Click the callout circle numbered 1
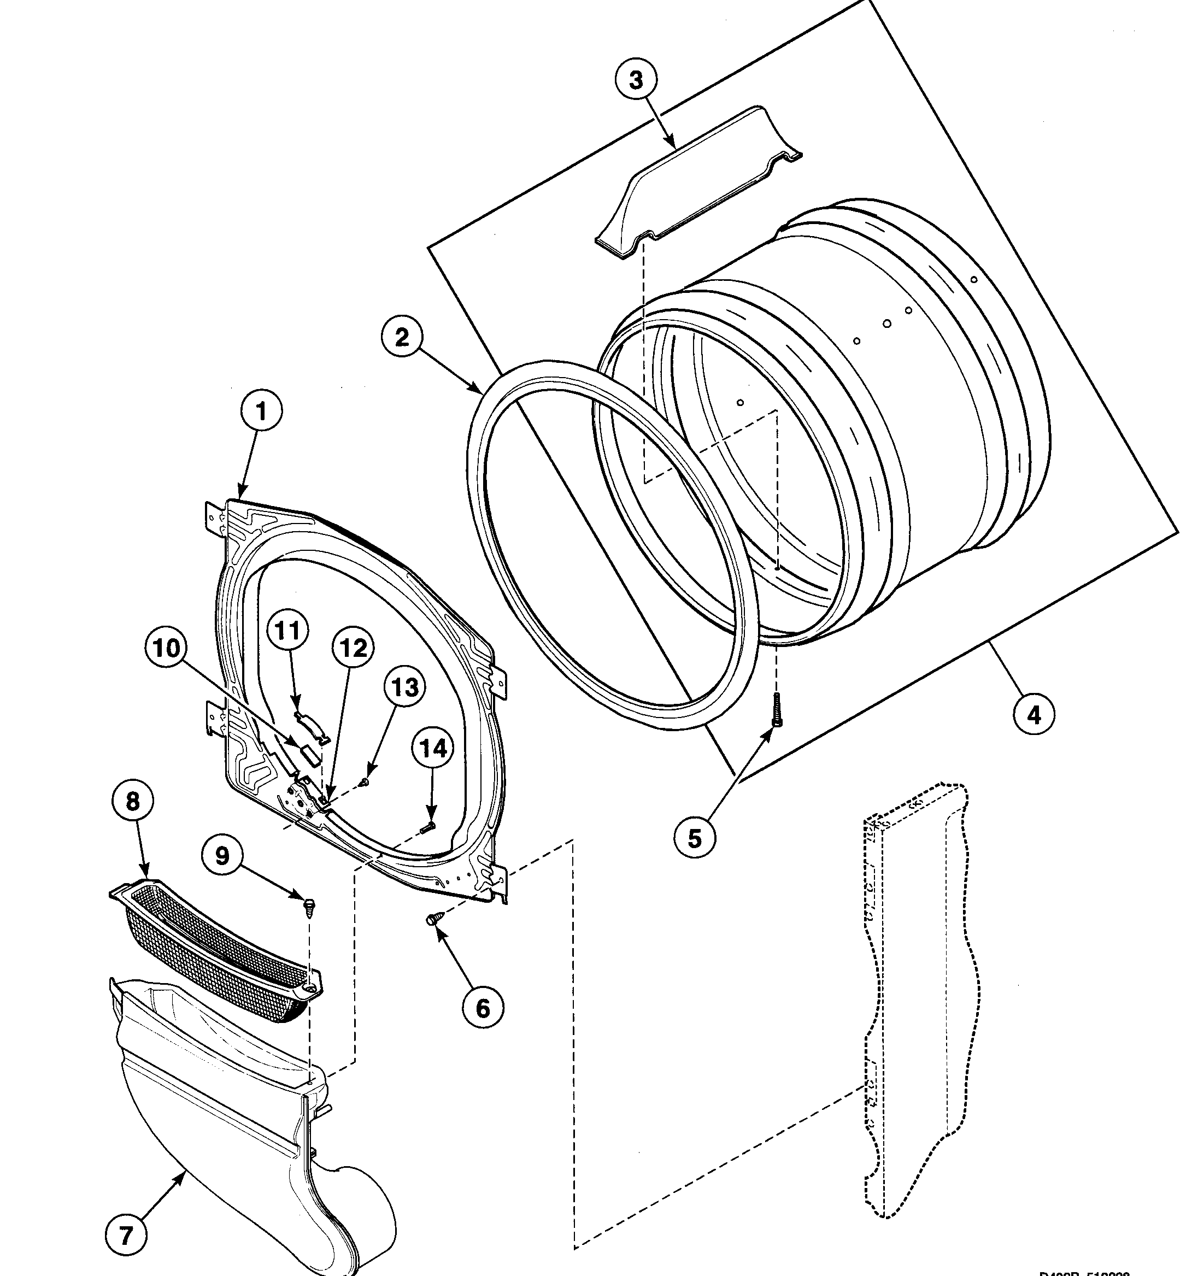[261, 412]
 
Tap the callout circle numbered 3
[636, 81]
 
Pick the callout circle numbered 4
[1034, 714]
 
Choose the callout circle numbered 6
[483, 1008]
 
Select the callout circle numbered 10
[166, 648]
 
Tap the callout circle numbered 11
[287, 631]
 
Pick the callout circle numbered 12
[354, 648]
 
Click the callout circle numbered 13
[405, 687]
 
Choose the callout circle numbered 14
[433, 749]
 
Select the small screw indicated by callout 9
[309, 908]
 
